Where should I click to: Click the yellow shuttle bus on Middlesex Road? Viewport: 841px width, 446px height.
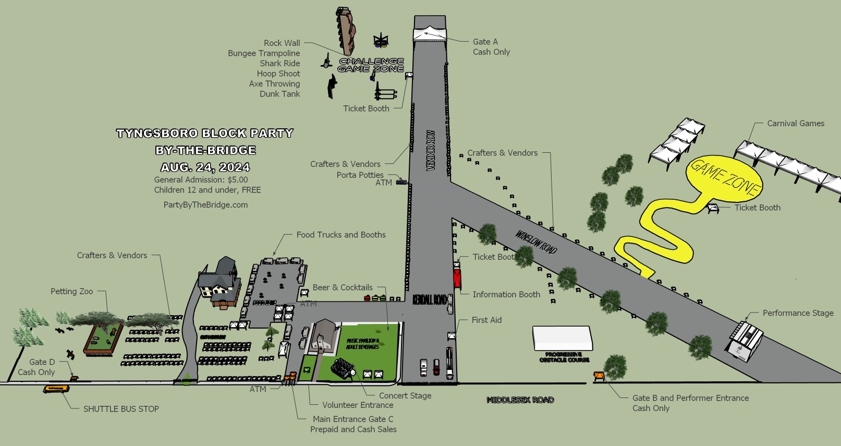(x=56, y=389)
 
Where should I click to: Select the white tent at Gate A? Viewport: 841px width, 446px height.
(x=430, y=32)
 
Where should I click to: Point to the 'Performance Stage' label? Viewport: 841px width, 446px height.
(x=798, y=313)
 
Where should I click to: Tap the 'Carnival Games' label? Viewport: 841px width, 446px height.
(x=796, y=124)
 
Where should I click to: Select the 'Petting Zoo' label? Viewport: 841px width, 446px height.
(x=72, y=292)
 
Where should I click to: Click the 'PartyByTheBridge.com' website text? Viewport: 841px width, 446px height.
(x=205, y=205)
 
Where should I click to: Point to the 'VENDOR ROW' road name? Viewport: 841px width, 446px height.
(x=431, y=150)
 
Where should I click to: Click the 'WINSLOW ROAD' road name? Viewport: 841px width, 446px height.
(x=536, y=242)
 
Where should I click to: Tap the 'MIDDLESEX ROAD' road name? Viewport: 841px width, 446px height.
(x=520, y=400)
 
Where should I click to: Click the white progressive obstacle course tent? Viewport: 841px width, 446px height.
(x=562, y=339)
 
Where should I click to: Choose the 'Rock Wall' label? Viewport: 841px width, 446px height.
(x=282, y=43)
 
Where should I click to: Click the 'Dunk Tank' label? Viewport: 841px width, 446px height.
(x=280, y=94)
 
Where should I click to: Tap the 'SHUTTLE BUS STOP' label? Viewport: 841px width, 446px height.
(x=121, y=409)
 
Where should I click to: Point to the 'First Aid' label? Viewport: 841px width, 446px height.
(x=486, y=320)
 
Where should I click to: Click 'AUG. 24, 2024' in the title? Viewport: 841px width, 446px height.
(x=205, y=167)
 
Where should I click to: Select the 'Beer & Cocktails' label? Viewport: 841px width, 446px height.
(x=343, y=288)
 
